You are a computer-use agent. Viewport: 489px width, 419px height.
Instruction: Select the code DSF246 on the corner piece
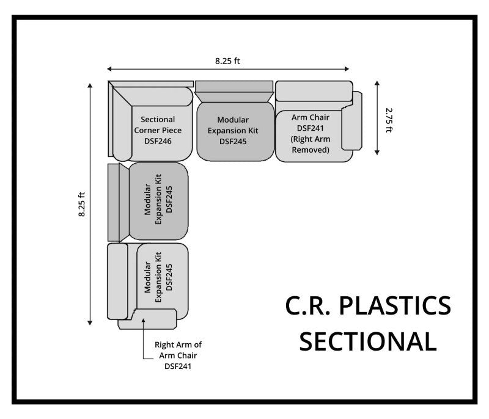[x=158, y=141]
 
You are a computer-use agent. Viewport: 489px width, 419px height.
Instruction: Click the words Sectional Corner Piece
[x=158, y=125]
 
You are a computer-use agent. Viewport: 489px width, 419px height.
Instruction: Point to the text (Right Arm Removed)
[x=310, y=144]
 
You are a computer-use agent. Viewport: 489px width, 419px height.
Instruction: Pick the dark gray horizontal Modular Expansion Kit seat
[x=233, y=131]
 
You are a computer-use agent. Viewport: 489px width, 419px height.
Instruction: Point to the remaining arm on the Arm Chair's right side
[x=352, y=122]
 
